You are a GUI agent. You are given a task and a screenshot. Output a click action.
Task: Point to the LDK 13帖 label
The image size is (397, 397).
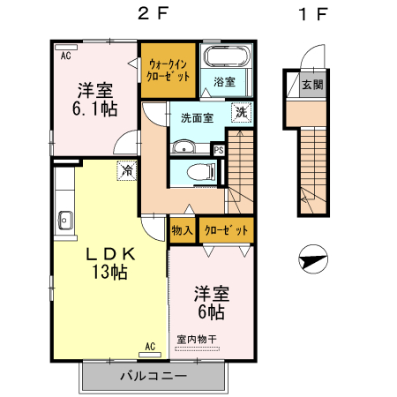point(109,262)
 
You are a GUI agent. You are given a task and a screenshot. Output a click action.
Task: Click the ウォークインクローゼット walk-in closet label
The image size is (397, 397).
point(166,70)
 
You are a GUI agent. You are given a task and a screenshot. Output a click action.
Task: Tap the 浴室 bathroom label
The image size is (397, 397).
point(224,82)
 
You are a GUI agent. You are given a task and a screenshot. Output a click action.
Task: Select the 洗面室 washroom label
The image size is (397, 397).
point(198,117)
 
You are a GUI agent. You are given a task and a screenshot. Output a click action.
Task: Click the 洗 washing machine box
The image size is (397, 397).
point(240,112)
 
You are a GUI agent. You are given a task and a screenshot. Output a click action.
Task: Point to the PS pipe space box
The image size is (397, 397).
point(219,150)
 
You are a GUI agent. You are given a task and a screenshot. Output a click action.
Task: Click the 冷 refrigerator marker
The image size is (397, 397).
point(128,170)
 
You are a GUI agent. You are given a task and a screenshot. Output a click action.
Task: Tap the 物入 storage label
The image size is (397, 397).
point(183,229)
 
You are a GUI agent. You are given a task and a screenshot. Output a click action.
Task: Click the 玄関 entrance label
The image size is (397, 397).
point(311,86)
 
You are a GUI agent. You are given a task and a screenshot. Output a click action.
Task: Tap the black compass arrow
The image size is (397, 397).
point(313,261)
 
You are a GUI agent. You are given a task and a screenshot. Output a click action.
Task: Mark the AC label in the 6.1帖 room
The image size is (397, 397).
point(66,55)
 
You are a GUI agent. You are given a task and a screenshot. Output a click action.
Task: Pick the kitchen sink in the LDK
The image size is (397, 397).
point(64,221)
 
